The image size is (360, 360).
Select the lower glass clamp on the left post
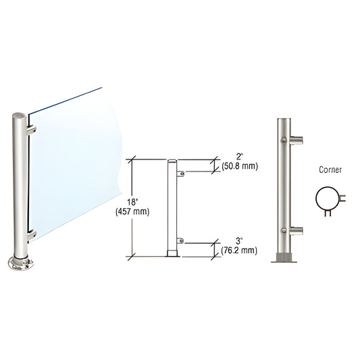coord(31,235)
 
